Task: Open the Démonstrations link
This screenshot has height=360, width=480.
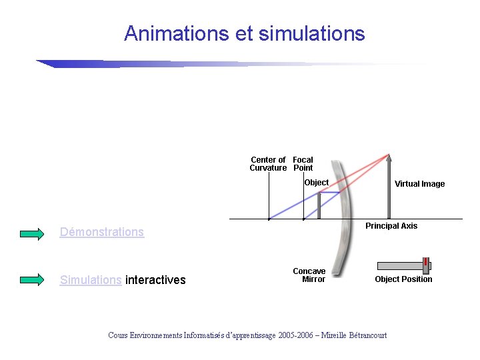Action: (x=101, y=232)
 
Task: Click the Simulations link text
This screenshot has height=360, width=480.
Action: (x=91, y=280)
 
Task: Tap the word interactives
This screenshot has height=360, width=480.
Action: (x=155, y=280)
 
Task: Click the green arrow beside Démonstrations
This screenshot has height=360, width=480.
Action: (x=31, y=233)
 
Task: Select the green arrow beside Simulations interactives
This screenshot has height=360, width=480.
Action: (x=31, y=280)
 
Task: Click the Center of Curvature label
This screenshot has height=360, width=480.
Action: (x=268, y=164)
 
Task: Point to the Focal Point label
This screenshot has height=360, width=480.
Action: (x=303, y=164)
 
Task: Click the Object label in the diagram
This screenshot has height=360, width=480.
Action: (x=316, y=183)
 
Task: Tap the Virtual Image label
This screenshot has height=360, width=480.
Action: (x=419, y=184)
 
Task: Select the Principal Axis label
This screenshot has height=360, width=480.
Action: (x=391, y=226)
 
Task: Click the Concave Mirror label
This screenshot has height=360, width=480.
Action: (x=309, y=275)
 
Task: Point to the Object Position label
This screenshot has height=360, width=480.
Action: (x=403, y=279)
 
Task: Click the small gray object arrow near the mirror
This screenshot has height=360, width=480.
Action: (x=319, y=205)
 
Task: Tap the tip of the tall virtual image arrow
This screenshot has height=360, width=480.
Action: (x=389, y=157)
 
